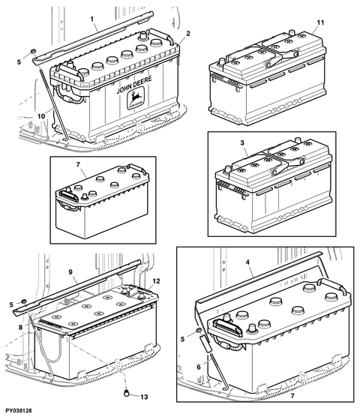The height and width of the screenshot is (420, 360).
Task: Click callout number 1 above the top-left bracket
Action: tap(91, 19)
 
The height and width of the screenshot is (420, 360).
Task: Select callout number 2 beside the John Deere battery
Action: tap(188, 34)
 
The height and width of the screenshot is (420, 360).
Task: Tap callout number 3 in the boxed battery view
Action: tap(242, 143)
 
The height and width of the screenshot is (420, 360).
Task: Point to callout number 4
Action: tap(247, 262)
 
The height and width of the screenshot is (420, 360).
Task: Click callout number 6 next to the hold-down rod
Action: tap(199, 367)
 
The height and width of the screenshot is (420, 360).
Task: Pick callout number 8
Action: tap(20, 327)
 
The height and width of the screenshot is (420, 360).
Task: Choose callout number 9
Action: tap(70, 272)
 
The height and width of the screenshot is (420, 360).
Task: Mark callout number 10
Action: tap(41, 116)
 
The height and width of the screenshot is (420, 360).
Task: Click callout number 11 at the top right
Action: tap(321, 22)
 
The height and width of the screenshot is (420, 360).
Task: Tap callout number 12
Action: tap(157, 281)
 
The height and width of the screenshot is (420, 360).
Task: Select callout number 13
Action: tap(144, 397)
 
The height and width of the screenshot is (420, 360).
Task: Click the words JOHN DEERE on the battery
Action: tap(134, 85)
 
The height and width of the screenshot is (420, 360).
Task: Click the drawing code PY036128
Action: tap(16, 411)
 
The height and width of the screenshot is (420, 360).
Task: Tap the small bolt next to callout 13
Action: tap(126, 393)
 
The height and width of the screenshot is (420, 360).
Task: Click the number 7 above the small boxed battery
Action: tap(78, 164)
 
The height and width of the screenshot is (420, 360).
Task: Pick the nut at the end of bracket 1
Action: tap(33, 51)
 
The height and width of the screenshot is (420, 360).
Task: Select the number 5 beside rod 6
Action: tap(183, 339)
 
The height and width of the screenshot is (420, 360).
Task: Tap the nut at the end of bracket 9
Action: tap(24, 301)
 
